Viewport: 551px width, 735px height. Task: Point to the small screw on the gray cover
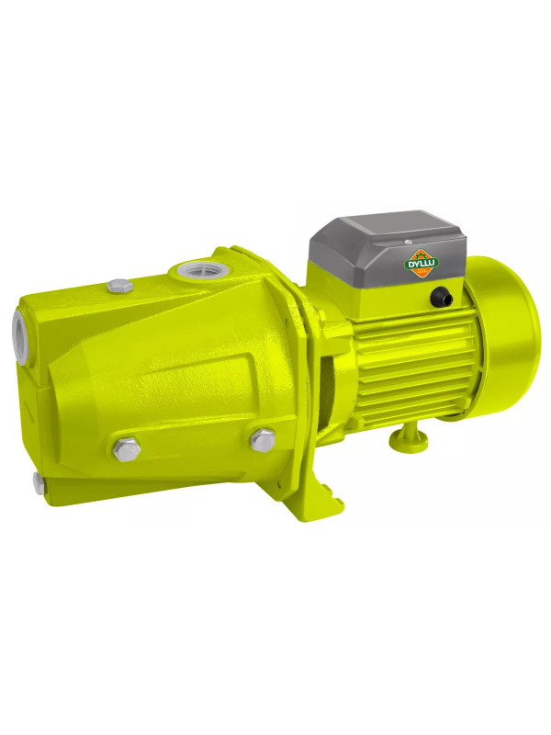point(407,242)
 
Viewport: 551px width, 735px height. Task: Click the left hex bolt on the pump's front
point(127,448)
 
